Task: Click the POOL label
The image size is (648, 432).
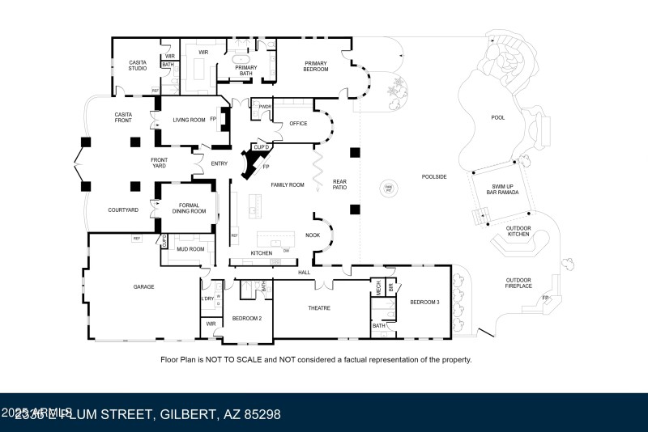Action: tap(497, 118)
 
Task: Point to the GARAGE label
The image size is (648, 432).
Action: tap(143, 286)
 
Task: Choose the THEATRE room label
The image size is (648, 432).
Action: tap(319, 307)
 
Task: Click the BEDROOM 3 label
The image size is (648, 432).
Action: tap(424, 302)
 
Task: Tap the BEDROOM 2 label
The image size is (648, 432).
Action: tap(247, 318)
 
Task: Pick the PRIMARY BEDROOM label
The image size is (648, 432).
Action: tap(316, 66)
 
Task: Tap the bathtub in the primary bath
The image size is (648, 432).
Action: tap(241, 60)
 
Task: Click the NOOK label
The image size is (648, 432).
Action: tap(313, 235)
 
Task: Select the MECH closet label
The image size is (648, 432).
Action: tap(377, 286)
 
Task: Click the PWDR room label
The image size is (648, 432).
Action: tap(265, 107)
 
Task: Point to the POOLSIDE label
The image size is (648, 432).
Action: tap(435, 176)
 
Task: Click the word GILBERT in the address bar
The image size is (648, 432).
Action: tap(185, 415)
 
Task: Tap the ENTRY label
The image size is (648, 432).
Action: tap(219, 163)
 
